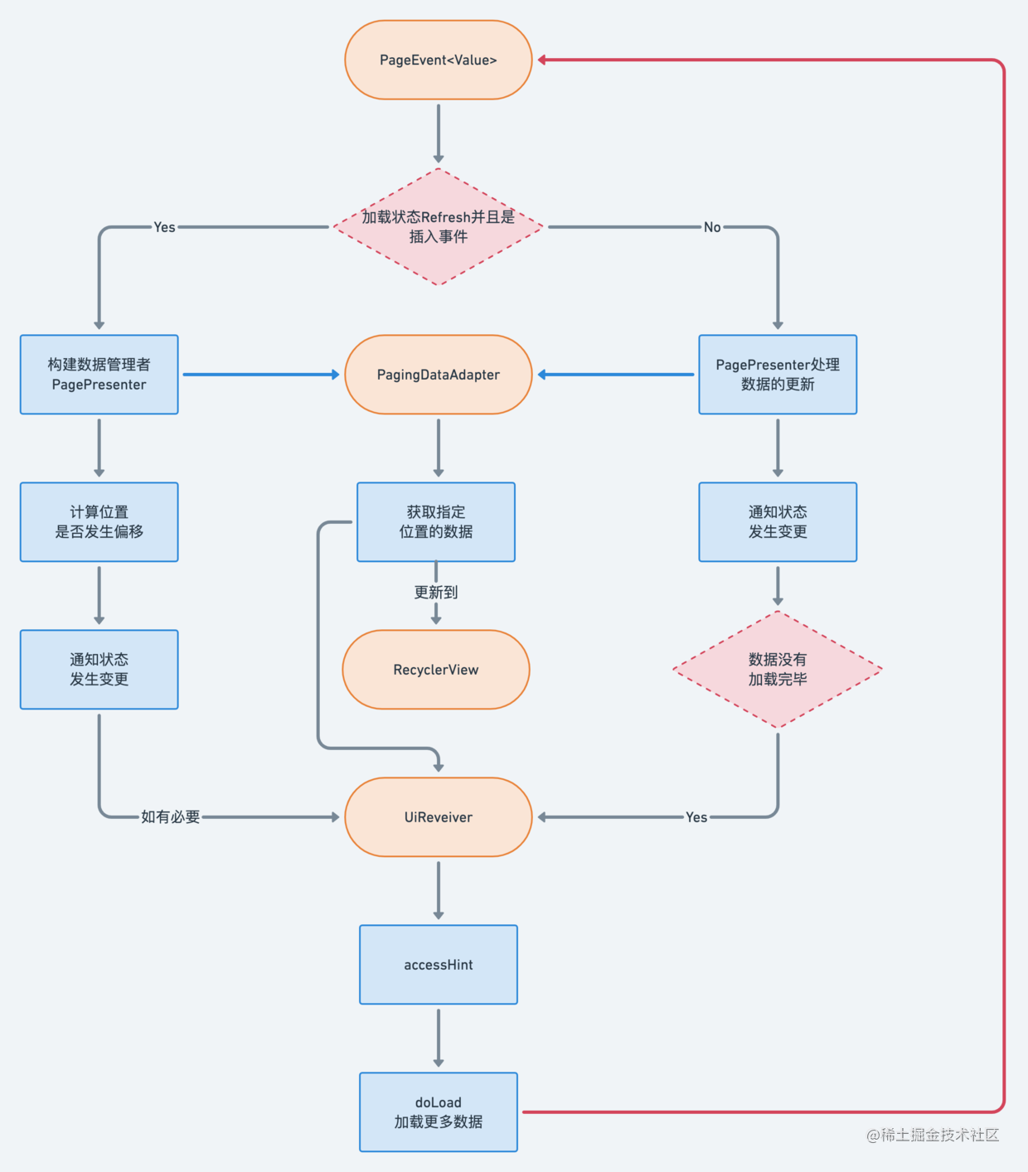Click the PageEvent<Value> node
pyautogui.click(x=438, y=60)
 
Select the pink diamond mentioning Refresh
pyautogui.click(x=438, y=227)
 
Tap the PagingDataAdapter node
pyautogui.click(x=438, y=375)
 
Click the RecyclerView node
pyautogui.click(x=435, y=670)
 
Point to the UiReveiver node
pyautogui.click(x=438, y=816)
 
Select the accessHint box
pyautogui.click(x=438, y=964)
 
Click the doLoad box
pyautogui.click(x=438, y=1111)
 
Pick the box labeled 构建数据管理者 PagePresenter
pyautogui.click(x=99, y=375)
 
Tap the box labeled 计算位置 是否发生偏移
pyautogui.click(x=99, y=522)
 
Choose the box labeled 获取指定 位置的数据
pyautogui.click(x=435, y=522)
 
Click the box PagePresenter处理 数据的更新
pyautogui.click(x=778, y=375)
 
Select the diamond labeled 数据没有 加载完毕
pyautogui.click(x=778, y=670)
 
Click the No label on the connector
pyautogui.click(x=712, y=227)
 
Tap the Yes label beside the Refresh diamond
pyautogui.click(x=164, y=227)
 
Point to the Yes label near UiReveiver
pyautogui.click(x=696, y=816)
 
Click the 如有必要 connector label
pyautogui.click(x=170, y=816)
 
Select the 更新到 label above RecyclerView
pyautogui.click(x=435, y=593)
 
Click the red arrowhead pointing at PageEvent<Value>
pyautogui.click(x=542, y=60)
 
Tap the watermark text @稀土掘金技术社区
pyautogui.click(x=933, y=1135)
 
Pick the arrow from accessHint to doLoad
pyautogui.click(x=438, y=1039)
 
